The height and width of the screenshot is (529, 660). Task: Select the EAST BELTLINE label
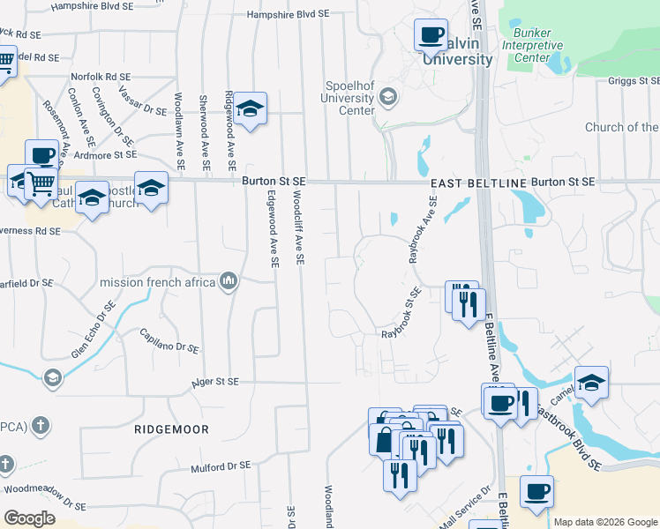[x=478, y=183]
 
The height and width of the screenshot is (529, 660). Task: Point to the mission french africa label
[x=158, y=282]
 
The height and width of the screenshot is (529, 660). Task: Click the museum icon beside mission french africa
[x=229, y=281]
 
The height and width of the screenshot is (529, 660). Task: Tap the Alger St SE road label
[x=215, y=383]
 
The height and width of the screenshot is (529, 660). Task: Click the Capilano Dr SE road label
[x=169, y=340]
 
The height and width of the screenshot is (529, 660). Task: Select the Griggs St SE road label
[x=633, y=81]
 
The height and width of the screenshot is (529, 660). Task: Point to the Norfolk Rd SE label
[x=100, y=77]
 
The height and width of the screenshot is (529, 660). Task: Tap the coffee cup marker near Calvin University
[x=431, y=35]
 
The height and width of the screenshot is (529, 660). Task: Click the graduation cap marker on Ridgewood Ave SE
[x=251, y=109]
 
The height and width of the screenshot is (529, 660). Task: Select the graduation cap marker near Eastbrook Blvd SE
[x=591, y=382]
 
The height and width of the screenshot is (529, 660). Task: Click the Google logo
[x=29, y=518]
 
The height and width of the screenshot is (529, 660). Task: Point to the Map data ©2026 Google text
[x=605, y=522]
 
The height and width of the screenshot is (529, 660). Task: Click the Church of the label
[x=621, y=127]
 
